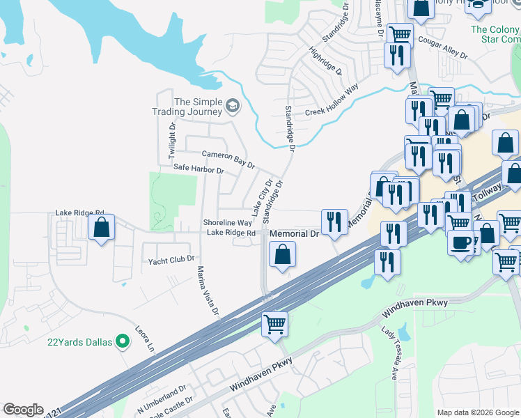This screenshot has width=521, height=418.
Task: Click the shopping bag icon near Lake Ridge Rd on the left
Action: click(102, 227)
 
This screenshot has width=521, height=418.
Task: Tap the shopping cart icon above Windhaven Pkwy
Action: click(274, 323)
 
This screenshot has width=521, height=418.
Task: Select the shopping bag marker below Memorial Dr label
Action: click(282, 254)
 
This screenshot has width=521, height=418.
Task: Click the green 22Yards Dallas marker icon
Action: click(123, 341)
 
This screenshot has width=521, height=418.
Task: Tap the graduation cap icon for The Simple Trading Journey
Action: click(232, 107)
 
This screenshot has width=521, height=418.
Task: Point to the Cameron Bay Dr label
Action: click(228, 158)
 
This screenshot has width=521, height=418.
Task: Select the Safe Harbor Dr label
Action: click(199, 169)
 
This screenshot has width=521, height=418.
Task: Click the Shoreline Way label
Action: click(227, 222)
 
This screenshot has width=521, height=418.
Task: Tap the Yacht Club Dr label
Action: click(171, 260)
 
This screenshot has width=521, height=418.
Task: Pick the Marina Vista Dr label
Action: click(208, 291)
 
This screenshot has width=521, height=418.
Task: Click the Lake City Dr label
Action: click(260, 197)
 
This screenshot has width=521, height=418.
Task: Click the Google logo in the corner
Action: click(23, 410)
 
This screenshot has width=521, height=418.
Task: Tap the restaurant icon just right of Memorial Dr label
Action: click(334, 222)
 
